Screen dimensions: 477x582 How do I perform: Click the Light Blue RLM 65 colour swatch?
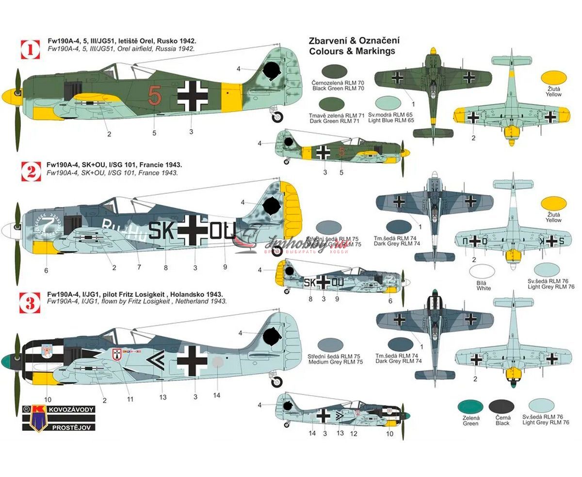pos(388,102)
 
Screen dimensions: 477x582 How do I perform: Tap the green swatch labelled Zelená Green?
pos(470,407)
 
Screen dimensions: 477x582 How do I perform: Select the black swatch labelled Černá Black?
pos(501,407)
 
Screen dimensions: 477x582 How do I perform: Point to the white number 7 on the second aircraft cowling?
pos(47,225)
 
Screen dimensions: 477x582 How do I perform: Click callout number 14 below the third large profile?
pos(216,395)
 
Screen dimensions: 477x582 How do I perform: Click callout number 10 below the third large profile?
pos(48,400)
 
